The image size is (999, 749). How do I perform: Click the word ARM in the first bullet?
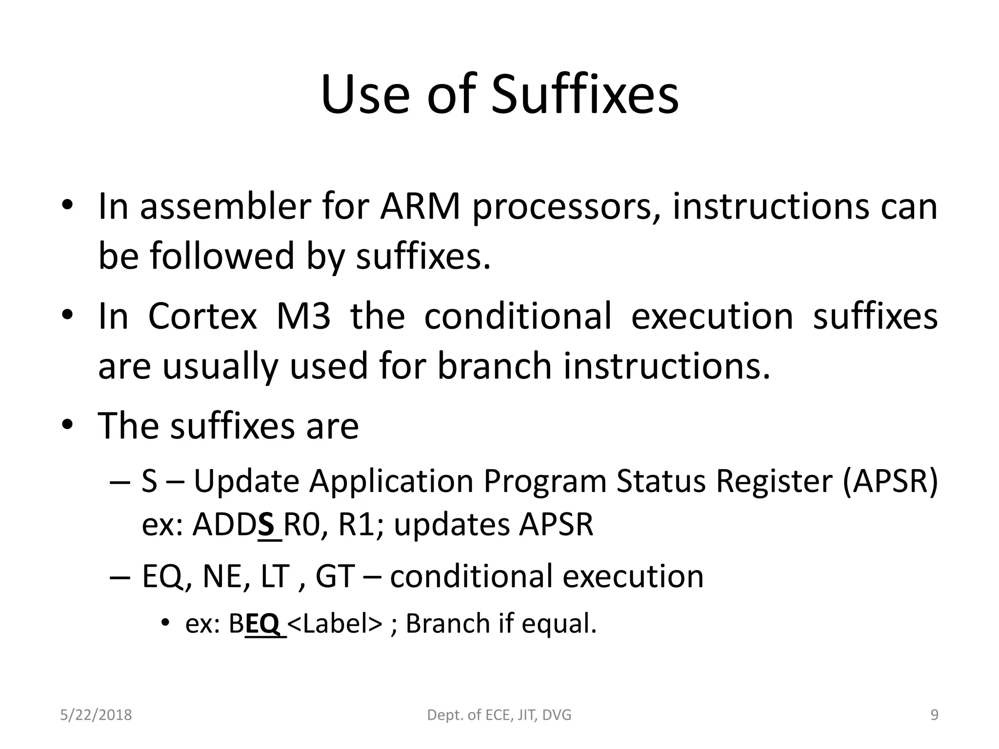click(420, 207)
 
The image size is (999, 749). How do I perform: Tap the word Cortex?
click(202, 316)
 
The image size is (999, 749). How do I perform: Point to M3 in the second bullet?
click(303, 316)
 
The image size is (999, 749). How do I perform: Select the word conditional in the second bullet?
click(518, 316)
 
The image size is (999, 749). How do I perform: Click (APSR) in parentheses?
click(890, 481)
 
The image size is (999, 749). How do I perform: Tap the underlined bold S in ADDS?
click(266, 525)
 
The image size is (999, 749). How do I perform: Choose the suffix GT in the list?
click(335, 576)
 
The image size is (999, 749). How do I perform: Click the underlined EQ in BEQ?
click(262, 623)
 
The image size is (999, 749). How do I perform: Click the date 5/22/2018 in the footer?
click(96, 715)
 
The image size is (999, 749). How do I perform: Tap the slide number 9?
click(934, 715)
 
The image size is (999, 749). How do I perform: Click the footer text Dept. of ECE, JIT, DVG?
click(499, 715)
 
